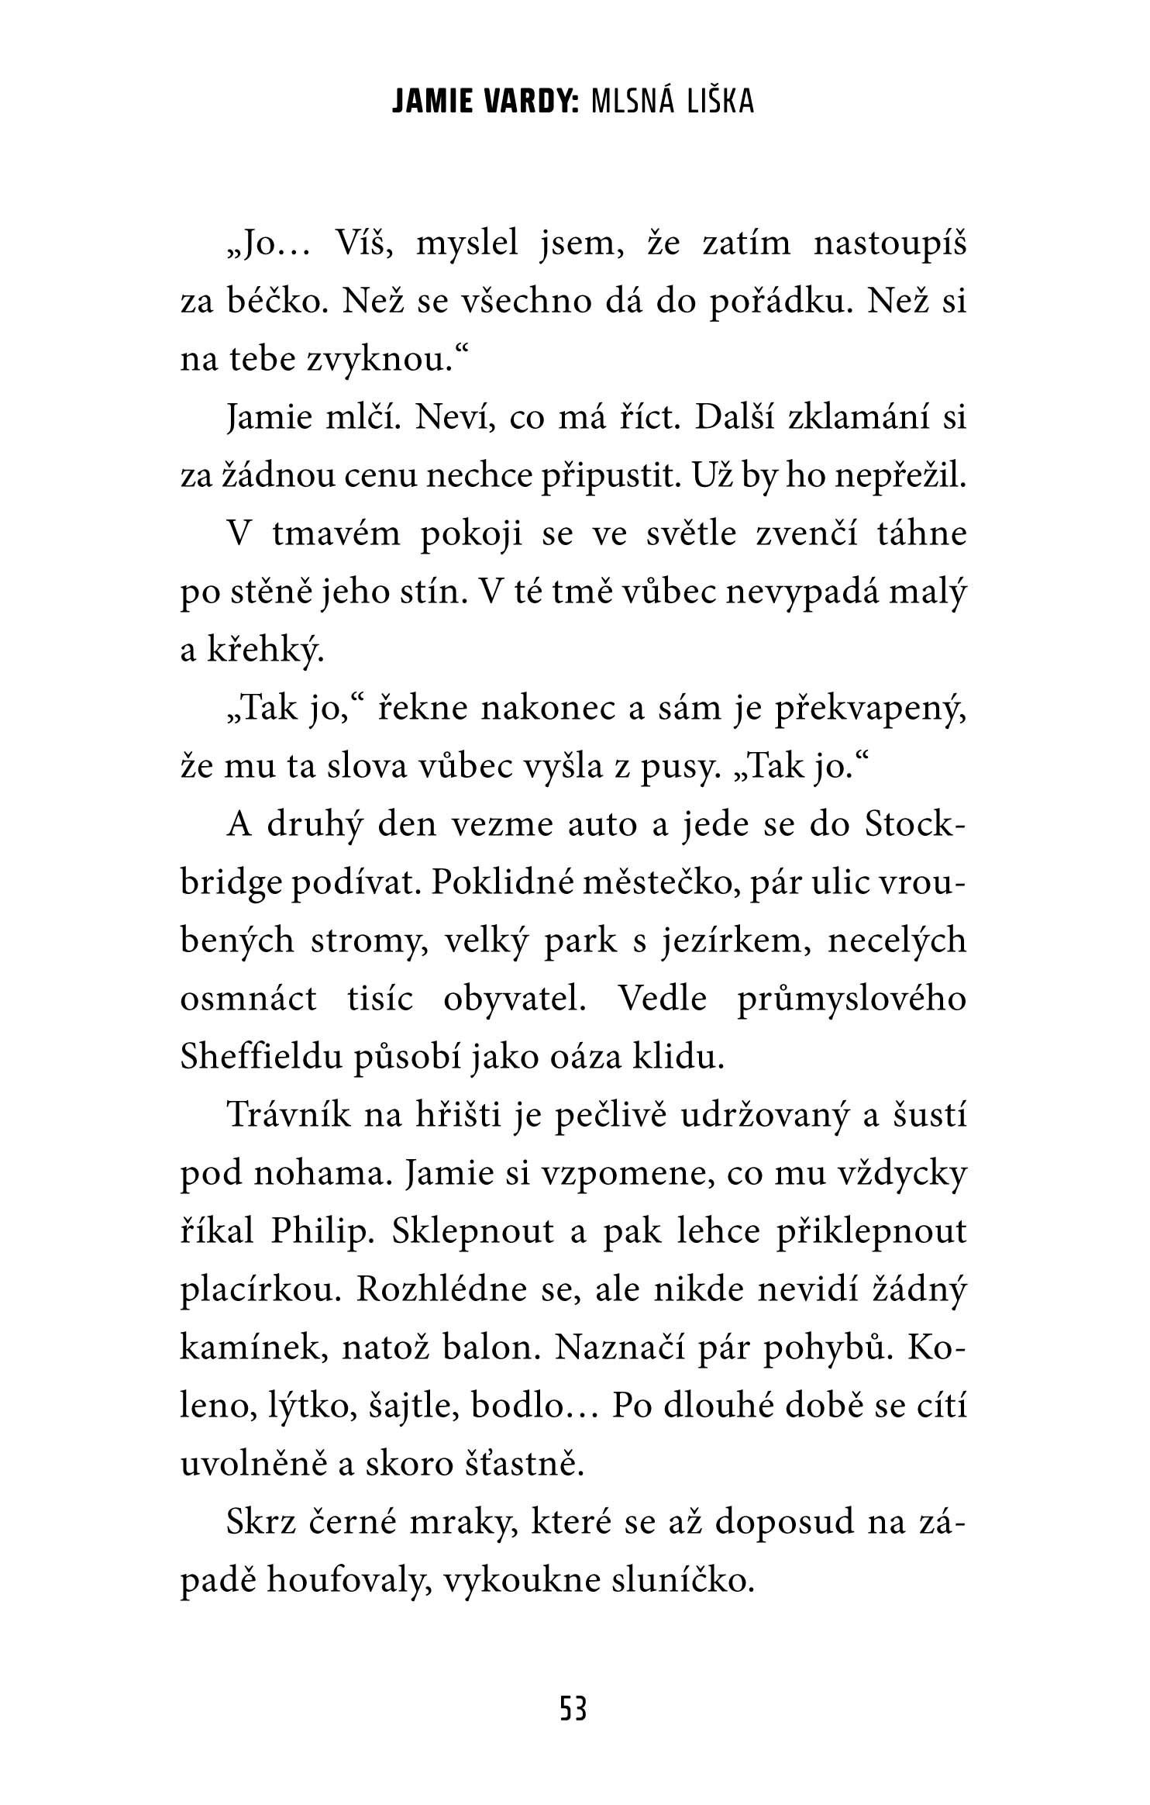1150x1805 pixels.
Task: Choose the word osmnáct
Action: click(x=249, y=1000)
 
